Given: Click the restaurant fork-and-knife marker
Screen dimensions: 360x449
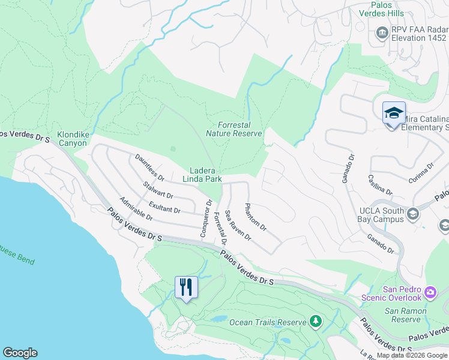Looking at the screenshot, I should tap(186, 287).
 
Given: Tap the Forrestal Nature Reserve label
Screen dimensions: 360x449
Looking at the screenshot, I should tap(234, 129).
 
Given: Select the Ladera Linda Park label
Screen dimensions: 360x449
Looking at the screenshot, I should tap(202, 175).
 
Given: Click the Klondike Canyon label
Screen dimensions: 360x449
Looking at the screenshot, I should tap(72, 139).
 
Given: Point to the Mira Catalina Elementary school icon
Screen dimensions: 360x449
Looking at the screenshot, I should tap(394, 113).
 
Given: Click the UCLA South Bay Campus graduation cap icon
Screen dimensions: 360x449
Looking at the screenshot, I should tap(413, 214).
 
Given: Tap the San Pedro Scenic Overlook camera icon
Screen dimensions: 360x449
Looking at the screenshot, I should tap(430, 292).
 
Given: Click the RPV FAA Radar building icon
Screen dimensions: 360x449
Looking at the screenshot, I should tap(381, 32).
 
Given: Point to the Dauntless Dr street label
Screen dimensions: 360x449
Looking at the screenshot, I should tap(149, 168).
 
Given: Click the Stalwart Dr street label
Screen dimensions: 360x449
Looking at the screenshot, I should tap(158, 191).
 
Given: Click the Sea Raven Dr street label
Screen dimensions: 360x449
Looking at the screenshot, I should tap(238, 225).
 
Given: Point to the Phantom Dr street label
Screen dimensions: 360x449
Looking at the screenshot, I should tap(255, 217).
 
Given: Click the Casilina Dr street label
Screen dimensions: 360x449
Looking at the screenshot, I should tap(381, 184).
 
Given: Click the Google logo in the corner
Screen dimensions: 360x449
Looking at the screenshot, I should tap(20, 353).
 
